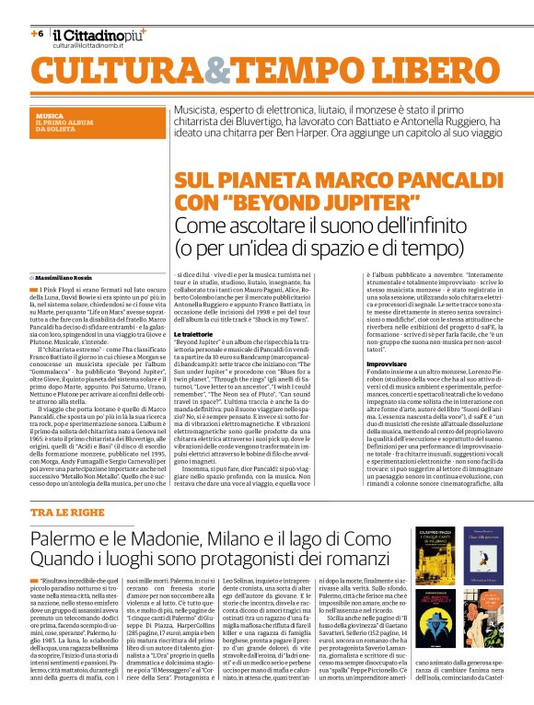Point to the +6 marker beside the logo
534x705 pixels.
[37, 33]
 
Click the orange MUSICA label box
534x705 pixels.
[88, 123]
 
